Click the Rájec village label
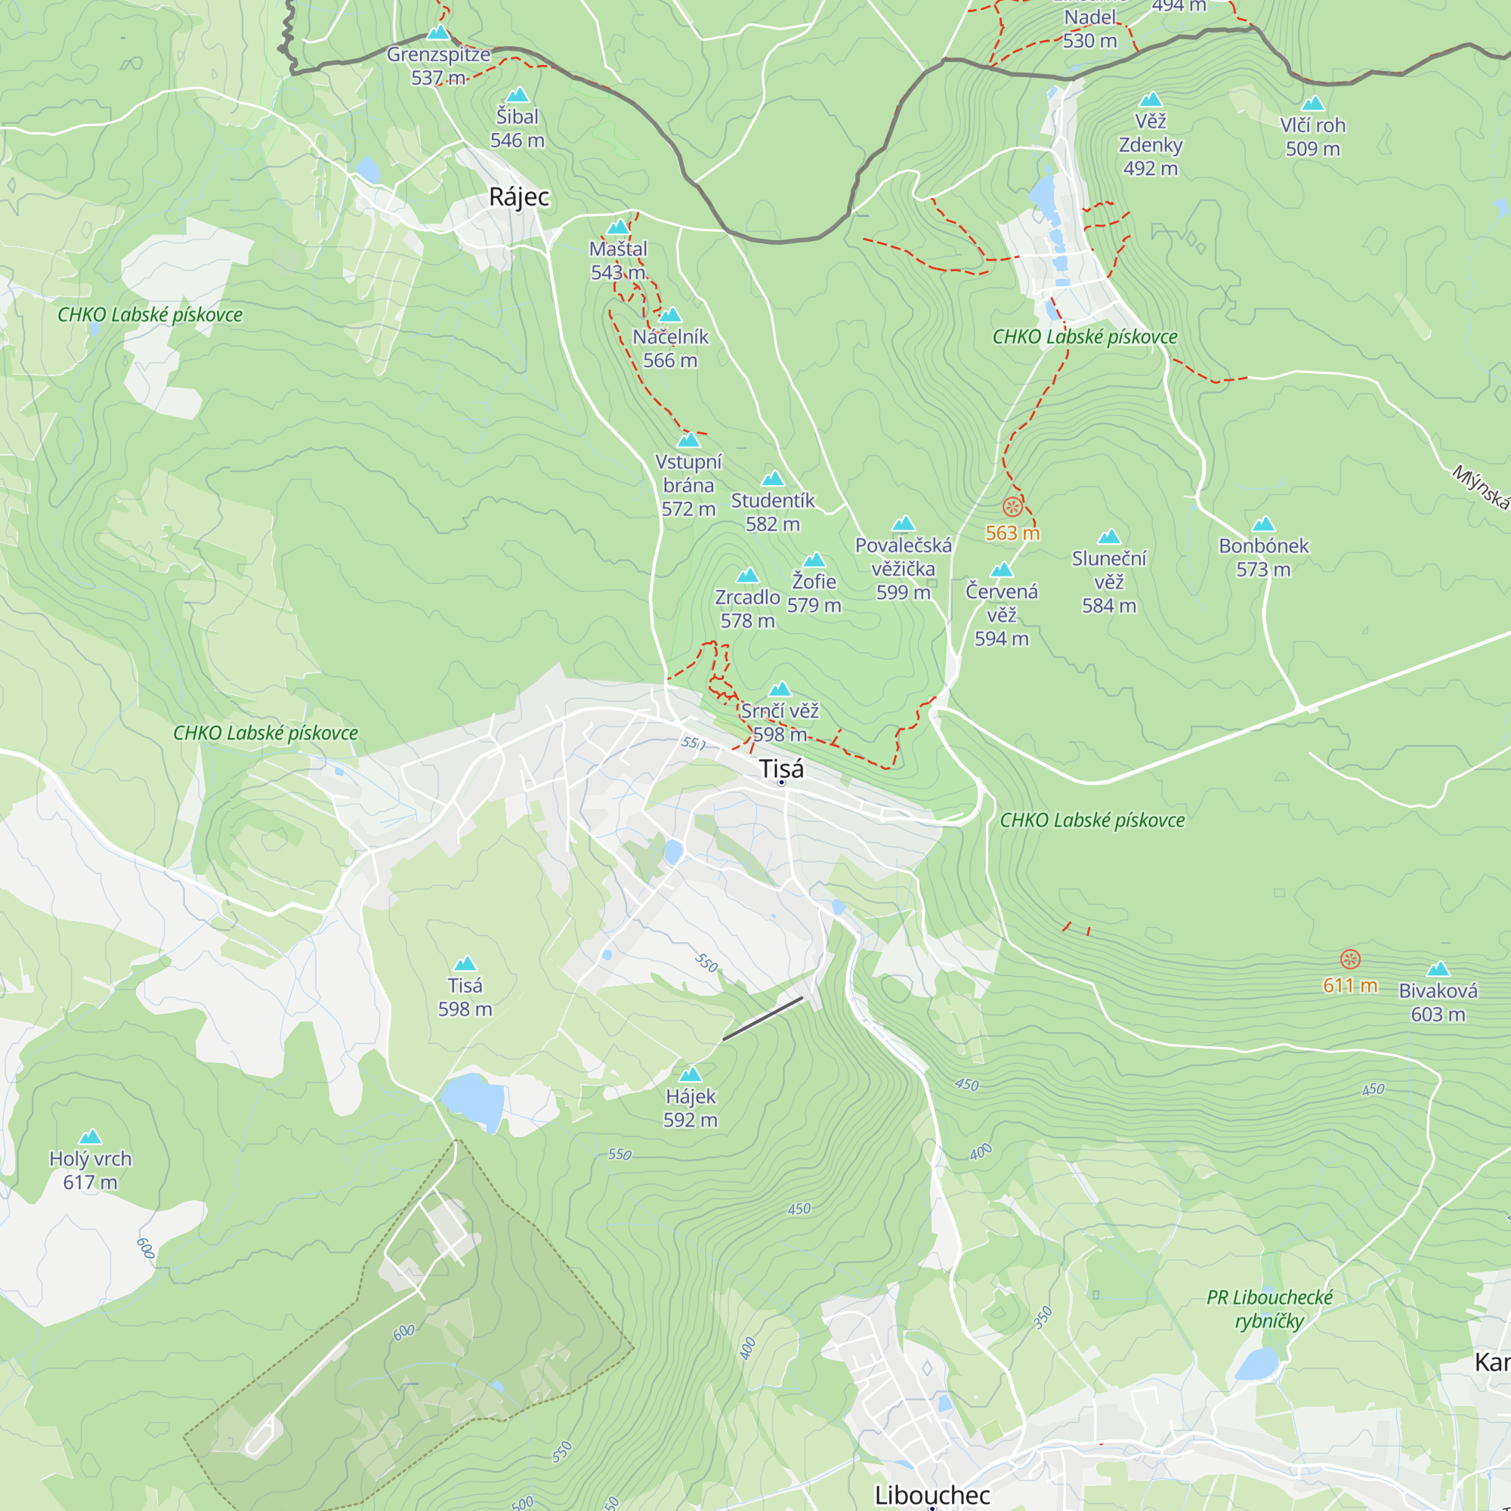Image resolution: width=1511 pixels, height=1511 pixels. pos(518,197)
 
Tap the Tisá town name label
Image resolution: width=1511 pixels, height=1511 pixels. pos(780,769)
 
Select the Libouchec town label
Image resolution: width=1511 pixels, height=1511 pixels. pos(932,1494)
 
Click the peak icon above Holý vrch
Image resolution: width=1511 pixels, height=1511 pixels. pos(91,1136)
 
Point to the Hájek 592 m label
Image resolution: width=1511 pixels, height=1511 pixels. pos(691,1108)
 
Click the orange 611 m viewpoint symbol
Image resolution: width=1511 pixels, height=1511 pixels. pos(1350,959)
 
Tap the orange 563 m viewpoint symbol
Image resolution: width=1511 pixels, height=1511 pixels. pos(1012,507)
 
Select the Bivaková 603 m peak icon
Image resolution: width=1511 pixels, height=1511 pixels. pos(1438,970)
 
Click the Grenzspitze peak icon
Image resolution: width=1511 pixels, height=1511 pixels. pos(439,32)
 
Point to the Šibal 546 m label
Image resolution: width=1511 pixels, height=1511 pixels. pos(517,128)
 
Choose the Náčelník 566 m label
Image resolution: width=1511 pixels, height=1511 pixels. pos(670,348)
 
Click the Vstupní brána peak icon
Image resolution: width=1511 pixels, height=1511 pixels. pos(688,440)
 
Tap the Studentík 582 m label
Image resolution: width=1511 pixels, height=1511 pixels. pos(773,512)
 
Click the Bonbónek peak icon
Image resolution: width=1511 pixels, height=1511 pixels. pos(1263,524)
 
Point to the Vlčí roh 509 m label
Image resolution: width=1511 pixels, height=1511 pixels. pos(1312,137)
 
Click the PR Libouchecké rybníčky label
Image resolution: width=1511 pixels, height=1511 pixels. pos(1269,1309)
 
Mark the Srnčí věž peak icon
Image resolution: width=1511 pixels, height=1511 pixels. pos(780,689)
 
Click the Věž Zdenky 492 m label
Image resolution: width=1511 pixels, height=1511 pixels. pos(1151,145)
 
